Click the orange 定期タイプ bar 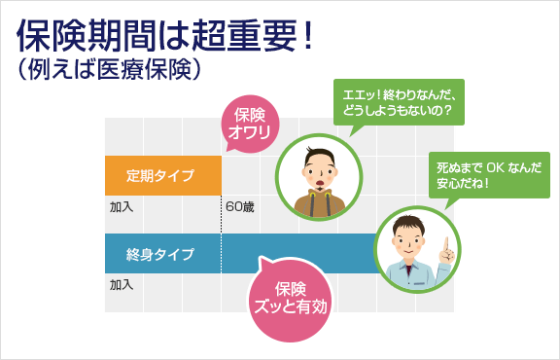click(163, 176)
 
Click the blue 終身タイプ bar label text click(159, 255)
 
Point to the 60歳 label click(240, 206)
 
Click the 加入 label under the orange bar click(121, 206)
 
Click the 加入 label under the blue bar click(121, 285)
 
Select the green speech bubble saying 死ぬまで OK click(489, 174)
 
